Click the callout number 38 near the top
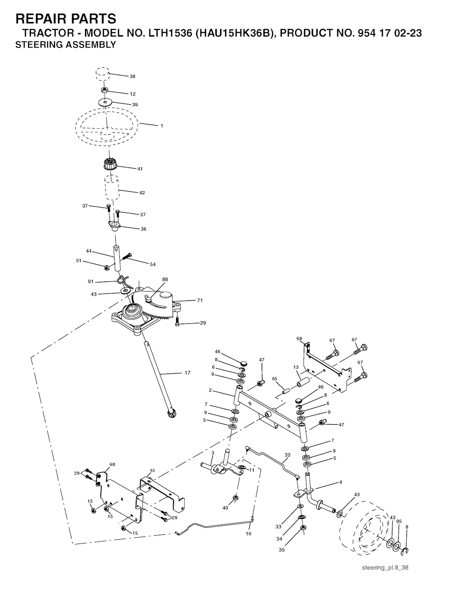click(x=132, y=77)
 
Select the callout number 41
click(x=140, y=169)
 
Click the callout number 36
click(x=143, y=229)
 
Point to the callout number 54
click(x=153, y=264)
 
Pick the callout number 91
click(x=91, y=281)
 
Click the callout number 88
click(x=165, y=279)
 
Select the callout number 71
click(x=200, y=300)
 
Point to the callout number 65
click(x=275, y=378)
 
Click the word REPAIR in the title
click(x=42, y=19)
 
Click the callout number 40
click(x=225, y=508)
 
